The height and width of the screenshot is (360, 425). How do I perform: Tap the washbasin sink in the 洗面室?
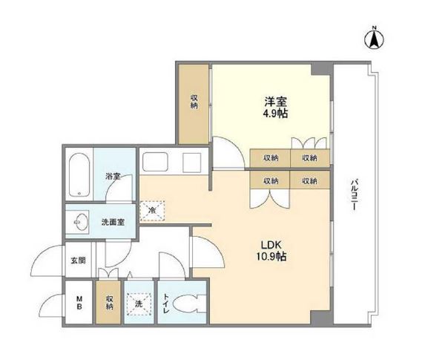(79, 220)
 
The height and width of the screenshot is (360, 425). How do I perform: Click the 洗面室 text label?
(112, 220)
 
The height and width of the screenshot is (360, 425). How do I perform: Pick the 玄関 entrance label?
(78, 261)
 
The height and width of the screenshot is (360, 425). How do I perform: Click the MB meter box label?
(78, 302)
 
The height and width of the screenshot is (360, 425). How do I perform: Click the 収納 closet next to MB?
(109, 303)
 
